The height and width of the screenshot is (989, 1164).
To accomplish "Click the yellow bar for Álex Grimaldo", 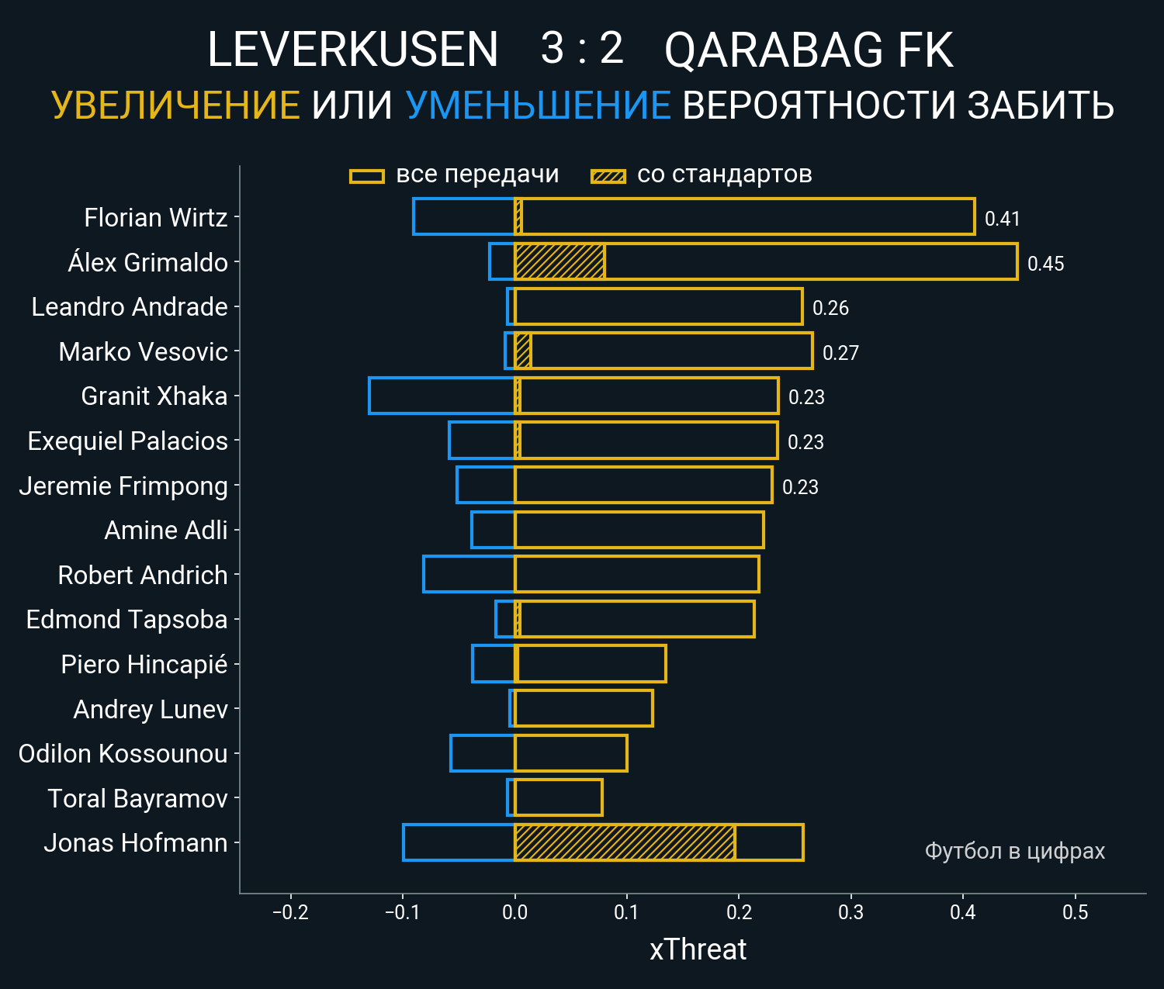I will pyautogui.click(x=807, y=261).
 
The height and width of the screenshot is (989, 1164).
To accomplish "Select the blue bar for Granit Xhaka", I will pyautogui.click(x=442, y=396).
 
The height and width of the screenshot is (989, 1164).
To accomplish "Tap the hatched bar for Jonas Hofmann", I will pyautogui.click(x=625, y=842).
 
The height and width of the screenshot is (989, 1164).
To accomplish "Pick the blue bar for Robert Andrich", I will pyautogui.click(x=469, y=574).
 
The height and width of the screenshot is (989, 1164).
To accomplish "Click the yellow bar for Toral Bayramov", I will pyautogui.click(x=559, y=797).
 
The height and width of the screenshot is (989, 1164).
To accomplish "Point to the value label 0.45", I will pyautogui.click(x=1045, y=264).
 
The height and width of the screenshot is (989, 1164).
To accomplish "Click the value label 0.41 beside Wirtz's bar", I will pyautogui.click(x=1002, y=219).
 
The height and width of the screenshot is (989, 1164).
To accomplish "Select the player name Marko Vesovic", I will pyautogui.click(x=143, y=352).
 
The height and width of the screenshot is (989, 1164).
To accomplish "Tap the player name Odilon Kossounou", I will pyautogui.click(x=123, y=754).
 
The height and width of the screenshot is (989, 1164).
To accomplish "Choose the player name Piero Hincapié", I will pyautogui.click(x=144, y=665).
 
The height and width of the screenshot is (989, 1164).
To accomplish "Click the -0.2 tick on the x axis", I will pyautogui.click(x=290, y=912).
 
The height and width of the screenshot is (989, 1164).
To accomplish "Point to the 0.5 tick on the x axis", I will pyautogui.click(x=1075, y=912).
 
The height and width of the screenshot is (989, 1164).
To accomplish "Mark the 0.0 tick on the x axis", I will pyautogui.click(x=514, y=912).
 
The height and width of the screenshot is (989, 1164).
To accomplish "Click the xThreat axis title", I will pyautogui.click(x=698, y=949).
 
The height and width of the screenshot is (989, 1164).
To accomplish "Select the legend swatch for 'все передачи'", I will pyautogui.click(x=367, y=176).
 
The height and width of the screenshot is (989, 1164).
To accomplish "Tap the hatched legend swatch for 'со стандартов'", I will pyautogui.click(x=608, y=176).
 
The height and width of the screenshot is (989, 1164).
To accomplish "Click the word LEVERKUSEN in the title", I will pyautogui.click(x=352, y=50).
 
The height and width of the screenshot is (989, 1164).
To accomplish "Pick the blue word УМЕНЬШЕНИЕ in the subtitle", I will pyautogui.click(x=538, y=105).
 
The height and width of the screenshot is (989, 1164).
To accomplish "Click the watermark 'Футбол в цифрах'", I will pyautogui.click(x=1014, y=851).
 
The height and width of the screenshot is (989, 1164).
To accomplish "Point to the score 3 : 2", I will pyautogui.click(x=582, y=49).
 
